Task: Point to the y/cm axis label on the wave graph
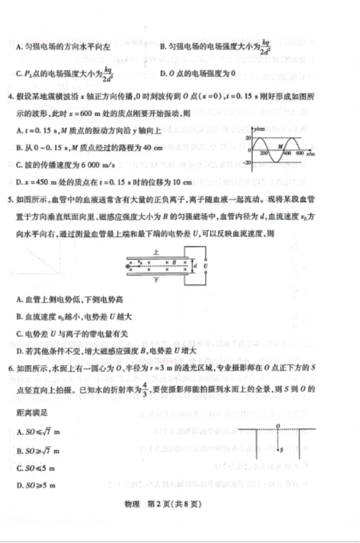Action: (x=257, y=129)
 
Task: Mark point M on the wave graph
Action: (x=279, y=146)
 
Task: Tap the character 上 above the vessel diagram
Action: (x=157, y=252)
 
